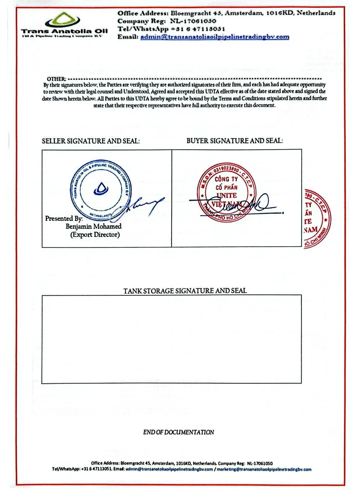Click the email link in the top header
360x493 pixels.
point(215,37)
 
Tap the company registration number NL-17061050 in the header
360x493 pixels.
point(193,21)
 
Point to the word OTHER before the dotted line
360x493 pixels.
point(56,79)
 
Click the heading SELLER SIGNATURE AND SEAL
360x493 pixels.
point(91,141)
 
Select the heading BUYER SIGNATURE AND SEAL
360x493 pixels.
point(234,141)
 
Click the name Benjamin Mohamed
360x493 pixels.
point(94,227)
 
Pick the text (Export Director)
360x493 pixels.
point(95,235)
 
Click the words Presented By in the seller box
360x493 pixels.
point(64,219)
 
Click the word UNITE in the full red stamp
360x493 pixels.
point(226,196)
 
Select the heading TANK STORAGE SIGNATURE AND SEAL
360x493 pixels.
point(185,291)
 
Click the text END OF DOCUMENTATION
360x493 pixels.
point(179,432)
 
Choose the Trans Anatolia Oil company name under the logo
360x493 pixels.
point(64,31)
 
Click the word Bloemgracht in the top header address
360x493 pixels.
point(191,13)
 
